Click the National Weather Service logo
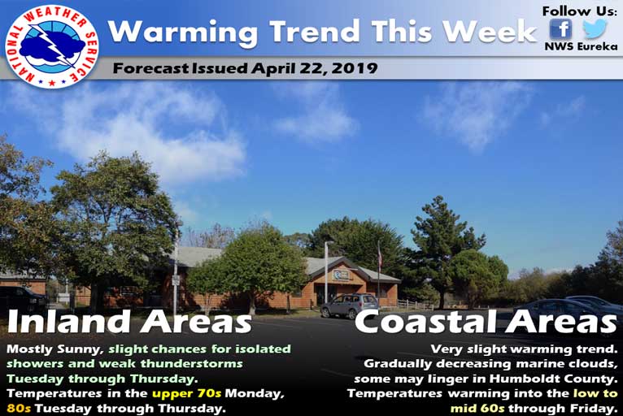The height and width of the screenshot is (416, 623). [x=52, y=46]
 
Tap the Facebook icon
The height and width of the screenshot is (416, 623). [x=561, y=29]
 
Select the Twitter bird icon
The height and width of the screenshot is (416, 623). [x=595, y=28]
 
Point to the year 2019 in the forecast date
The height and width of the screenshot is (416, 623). [x=355, y=68]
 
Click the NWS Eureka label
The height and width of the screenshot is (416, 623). [x=581, y=46]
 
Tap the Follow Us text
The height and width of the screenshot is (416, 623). [x=580, y=11]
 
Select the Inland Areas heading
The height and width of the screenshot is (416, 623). [x=129, y=321]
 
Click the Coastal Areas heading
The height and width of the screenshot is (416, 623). [x=486, y=321]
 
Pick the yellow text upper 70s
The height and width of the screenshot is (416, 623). [x=187, y=394]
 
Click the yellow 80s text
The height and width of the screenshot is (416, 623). [x=19, y=408]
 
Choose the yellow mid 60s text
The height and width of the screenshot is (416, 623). [x=477, y=408]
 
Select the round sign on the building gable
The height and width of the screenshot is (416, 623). [x=339, y=275]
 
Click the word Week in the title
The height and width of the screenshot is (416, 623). [x=490, y=32]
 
